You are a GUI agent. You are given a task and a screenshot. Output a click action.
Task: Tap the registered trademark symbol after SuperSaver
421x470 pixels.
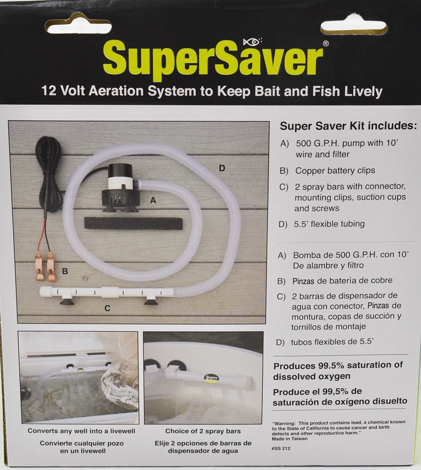coord(326,43)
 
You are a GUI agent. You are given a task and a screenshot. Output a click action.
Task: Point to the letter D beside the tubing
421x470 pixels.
coord(222,168)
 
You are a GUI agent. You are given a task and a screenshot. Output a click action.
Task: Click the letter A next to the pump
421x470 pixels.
coord(153,200)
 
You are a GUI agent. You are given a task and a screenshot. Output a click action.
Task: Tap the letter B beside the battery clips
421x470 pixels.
coord(65,271)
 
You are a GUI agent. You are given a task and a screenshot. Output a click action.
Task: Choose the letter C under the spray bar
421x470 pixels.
coord(107,308)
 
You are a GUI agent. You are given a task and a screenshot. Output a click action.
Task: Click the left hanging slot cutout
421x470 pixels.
coord(78,28)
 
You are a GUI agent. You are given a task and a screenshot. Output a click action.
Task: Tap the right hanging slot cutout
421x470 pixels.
coord(354,28)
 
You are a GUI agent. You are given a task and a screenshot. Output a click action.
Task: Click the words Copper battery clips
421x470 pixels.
coord(335,171)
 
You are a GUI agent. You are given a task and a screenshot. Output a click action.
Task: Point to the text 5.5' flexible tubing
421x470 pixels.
coord(329,224)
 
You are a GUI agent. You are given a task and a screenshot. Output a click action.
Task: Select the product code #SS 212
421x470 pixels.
coord(281,448)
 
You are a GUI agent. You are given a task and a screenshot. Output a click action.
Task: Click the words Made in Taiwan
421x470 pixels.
coord(289,439)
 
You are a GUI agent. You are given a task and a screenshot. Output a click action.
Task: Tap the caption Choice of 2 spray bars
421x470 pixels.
coord(203,431)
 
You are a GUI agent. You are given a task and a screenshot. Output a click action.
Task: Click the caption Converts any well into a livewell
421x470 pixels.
coord(81,431)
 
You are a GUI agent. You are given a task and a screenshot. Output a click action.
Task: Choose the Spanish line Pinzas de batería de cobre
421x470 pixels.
coord(342,281)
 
